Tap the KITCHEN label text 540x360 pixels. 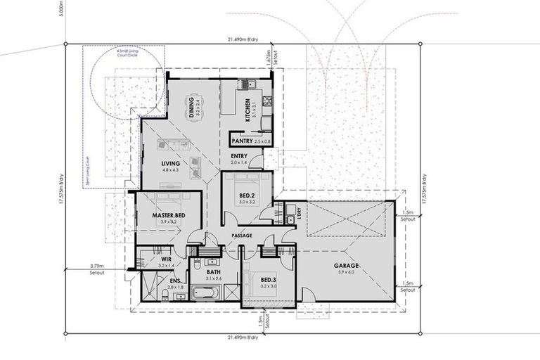tap(248, 109)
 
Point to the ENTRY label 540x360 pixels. tap(237, 157)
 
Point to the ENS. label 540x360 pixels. tap(173, 281)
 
